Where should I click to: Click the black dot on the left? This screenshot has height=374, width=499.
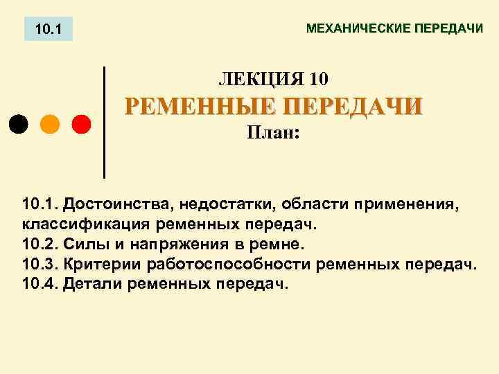pyautogui.click(x=19, y=125)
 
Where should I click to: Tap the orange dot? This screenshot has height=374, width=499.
pyautogui.click(x=50, y=125)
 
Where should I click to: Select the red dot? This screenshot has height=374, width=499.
pyautogui.click(x=81, y=125)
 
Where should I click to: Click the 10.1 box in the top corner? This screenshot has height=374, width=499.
pyautogui.click(x=49, y=30)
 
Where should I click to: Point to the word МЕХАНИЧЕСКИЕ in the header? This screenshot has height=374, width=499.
pyautogui.click(x=358, y=29)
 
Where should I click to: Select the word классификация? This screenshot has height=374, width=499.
pyautogui.click(x=86, y=224)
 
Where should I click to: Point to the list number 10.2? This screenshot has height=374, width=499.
pyautogui.click(x=40, y=244)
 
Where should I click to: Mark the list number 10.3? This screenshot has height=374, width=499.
pyautogui.click(x=40, y=265)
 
